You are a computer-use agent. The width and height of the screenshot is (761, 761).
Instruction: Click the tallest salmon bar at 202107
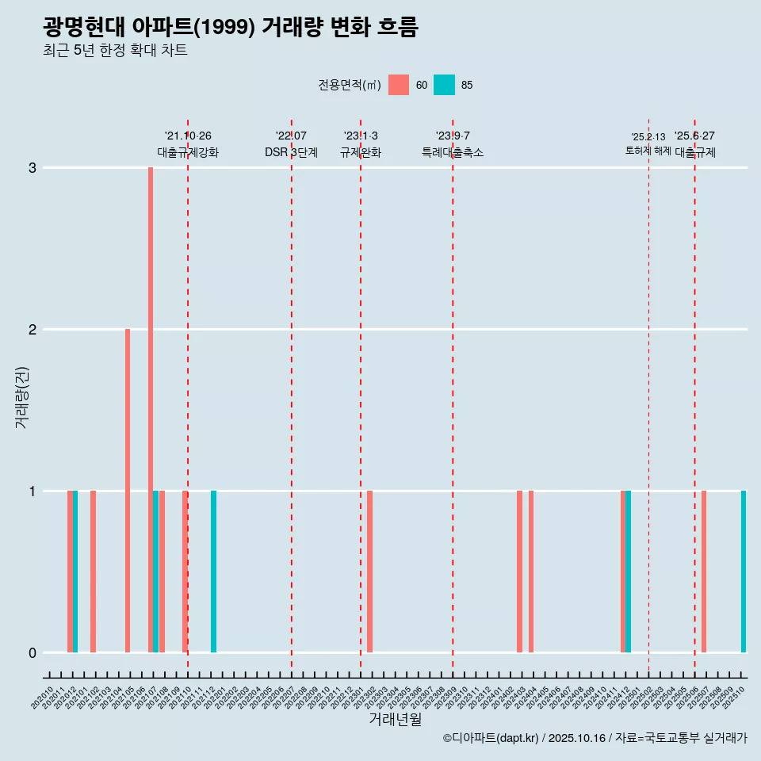151,409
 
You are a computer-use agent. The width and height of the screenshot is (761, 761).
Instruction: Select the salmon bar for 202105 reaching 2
128,490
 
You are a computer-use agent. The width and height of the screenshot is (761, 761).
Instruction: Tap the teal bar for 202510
744,571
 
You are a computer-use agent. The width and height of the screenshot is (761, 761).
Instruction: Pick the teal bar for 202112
213,571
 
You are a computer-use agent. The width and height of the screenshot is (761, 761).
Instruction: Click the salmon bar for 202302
369,571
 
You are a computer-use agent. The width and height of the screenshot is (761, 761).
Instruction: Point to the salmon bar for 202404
531,571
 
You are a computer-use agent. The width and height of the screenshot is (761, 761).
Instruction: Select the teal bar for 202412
629,571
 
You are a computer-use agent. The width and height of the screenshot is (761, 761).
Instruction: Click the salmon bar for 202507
704,571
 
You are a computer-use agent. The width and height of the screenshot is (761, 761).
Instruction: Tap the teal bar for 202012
75,571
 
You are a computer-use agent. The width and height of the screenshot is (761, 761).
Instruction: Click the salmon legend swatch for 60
399,85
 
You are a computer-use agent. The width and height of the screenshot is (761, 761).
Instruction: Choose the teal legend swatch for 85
445,85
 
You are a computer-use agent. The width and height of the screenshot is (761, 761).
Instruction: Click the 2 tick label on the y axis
33,329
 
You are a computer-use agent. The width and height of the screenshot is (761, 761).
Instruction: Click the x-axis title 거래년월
395,719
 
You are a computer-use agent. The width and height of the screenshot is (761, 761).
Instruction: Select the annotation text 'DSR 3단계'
291,152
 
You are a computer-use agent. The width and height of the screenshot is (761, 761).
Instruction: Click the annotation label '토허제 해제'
648,151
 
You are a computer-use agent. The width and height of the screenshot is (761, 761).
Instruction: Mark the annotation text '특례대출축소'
452,152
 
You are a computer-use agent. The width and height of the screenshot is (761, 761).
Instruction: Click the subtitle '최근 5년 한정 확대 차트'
115,51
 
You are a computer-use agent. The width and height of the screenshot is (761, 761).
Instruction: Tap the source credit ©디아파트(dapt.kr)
491,738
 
